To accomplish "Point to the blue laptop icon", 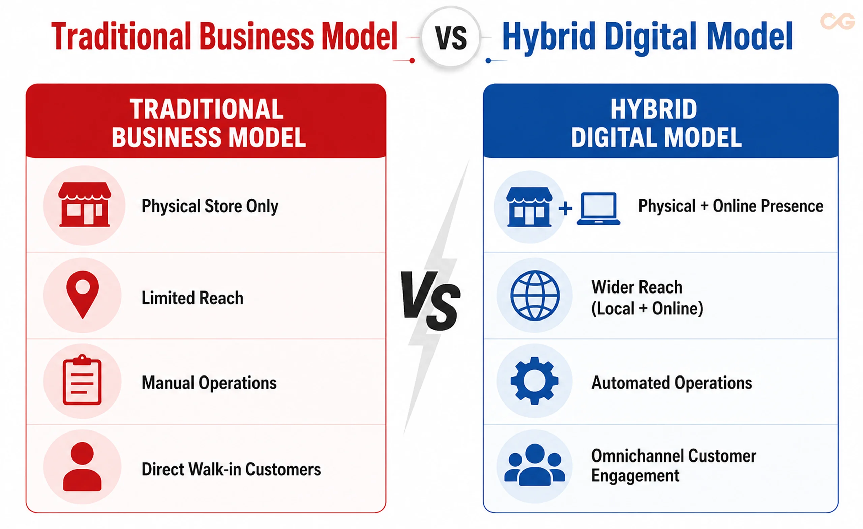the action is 599,208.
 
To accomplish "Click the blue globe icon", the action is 535,295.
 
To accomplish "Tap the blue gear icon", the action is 534,381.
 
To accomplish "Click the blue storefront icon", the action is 529,207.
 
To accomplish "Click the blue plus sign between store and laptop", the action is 565,208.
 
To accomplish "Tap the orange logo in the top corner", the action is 837,21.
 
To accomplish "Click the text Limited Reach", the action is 192,298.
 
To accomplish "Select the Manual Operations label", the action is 209,383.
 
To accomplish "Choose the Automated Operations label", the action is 672,383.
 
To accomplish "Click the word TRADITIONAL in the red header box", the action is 206,109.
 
